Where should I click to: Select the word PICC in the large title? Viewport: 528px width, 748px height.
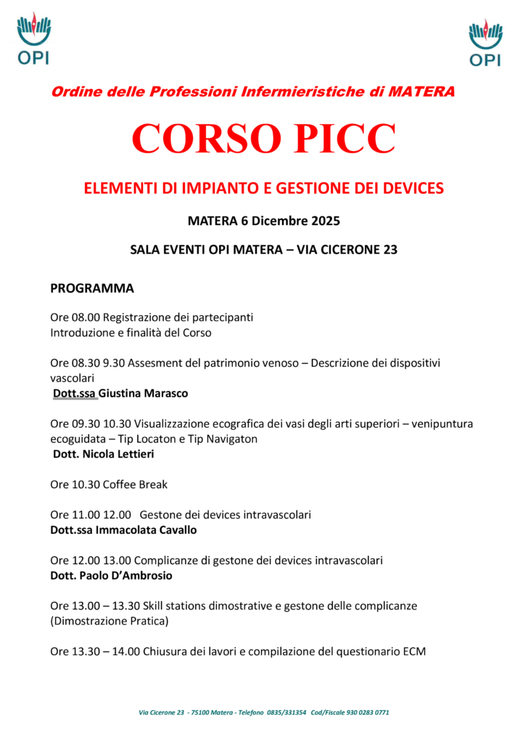point(347,138)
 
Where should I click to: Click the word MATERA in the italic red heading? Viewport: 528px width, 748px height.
point(421,92)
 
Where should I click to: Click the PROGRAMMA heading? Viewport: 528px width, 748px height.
point(92,288)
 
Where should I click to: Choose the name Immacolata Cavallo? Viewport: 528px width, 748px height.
point(146,530)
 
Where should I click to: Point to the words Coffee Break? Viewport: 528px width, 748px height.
point(136,484)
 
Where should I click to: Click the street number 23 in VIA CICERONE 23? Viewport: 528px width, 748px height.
point(389,250)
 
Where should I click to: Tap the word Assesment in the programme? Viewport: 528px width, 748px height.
point(153,363)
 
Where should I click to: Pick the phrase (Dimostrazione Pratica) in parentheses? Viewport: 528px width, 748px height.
point(110,621)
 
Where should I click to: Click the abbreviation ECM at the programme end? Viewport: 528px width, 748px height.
point(414,651)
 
